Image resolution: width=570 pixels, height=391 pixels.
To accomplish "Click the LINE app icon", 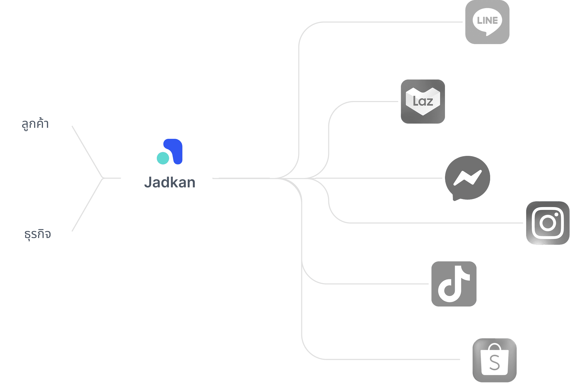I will (487, 22).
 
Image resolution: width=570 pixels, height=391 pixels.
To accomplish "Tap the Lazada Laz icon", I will (423, 102).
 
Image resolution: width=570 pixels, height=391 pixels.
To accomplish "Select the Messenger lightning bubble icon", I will (467, 178).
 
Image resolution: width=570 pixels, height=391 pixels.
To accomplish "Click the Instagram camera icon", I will (548, 223).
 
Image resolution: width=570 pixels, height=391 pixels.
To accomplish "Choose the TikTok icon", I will (454, 284).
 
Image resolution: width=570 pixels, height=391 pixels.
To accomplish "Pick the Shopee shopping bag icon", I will (494, 360).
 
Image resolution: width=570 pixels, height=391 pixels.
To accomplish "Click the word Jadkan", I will (170, 182).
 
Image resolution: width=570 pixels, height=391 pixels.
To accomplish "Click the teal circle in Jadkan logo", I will (163, 158).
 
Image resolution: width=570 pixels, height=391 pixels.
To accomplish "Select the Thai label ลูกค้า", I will (35, 124).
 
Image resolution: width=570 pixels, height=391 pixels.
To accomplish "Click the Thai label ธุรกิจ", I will (38, 234).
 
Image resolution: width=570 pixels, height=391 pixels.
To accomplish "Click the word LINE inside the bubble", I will (487, 20).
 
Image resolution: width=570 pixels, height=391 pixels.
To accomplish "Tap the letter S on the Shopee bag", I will (494, 363).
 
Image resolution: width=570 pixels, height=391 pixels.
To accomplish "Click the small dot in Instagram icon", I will (556, 215).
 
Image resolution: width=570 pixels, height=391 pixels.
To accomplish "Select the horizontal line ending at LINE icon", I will (394, 22).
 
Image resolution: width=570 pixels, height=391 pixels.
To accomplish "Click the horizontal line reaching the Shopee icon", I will (394, 359).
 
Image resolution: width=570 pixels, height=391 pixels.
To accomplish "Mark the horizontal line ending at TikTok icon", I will (381, 284).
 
